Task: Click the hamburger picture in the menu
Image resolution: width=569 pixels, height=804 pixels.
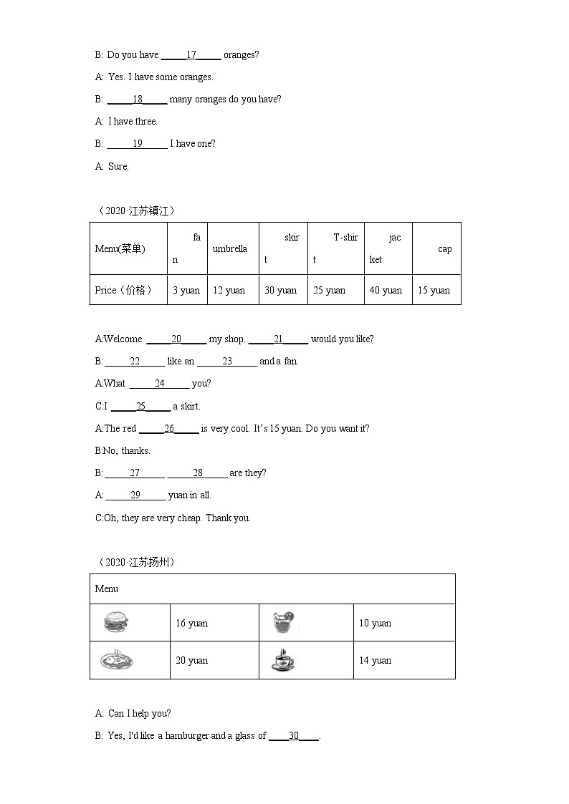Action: (x=117, y=621)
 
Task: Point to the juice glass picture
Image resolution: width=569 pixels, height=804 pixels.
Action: (x=284, y=622)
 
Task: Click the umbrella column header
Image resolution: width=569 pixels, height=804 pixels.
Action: (x=230, y=248)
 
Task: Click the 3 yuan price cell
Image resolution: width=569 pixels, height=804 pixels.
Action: (x=186, y=290)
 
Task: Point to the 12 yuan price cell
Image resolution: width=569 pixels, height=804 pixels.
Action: (x=229, y=290)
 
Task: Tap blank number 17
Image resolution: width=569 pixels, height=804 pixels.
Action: (x=191, y=54)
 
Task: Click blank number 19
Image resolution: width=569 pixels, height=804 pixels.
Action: (x=138, y=143)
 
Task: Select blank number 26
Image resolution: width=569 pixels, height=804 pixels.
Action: (x=169, y=428)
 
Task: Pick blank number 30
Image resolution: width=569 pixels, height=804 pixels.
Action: (x=294, y=735)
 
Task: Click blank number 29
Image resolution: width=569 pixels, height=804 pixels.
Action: (x=135, y=495)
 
